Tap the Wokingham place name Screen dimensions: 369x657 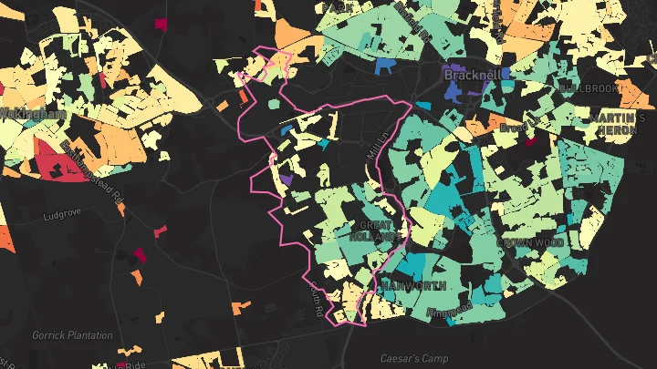point(31,114)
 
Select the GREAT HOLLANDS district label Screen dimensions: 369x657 point(376,231)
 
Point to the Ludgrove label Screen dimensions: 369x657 point(63,217)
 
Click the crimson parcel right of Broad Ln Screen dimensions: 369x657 point(530,139)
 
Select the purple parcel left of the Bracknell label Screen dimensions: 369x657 point(454,72)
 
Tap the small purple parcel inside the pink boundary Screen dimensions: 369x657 point(287,179)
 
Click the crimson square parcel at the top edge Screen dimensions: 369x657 point(161,25)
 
